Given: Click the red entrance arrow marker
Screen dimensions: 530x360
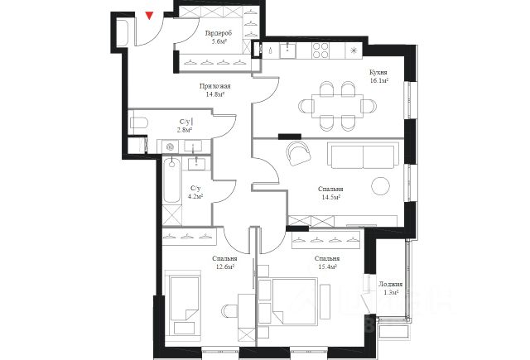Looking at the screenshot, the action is pyautogui.click(x=149, y=16).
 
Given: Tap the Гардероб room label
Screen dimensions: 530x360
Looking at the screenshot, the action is pyautogui.click(x=219, y=33).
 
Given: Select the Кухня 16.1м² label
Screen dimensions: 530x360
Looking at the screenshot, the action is pyautogui.click(x=378, y=76).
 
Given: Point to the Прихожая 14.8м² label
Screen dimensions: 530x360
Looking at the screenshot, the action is pyautogui.click(x=215, y=90).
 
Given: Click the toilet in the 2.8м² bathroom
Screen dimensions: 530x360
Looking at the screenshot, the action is pyautogui.click(x=138, y=122).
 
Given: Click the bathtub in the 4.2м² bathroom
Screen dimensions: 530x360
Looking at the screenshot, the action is pyautogui.click(x=171, y=180).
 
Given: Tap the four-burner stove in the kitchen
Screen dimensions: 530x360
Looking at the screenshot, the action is pyautogui.click(x=320, y=50).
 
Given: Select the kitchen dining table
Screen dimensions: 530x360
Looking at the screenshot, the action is pyautogui.click(x=338, y=106).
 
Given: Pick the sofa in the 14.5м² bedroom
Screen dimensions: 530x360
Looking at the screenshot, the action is pyautogui.click(x=363, y=156).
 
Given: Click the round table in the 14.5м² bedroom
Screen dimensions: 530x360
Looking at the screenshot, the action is pyautogui.click(x=380, y=185).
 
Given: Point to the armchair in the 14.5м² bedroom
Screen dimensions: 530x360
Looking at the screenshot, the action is pyautogui.click(x=298, y=153).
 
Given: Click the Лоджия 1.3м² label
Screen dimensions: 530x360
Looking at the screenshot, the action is pyautogui.click(x=390, y=288).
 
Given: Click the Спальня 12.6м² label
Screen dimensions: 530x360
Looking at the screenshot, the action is pyautogui.click(x=224, y=262).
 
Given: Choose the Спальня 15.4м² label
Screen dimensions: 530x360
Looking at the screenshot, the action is pyautogui.click(x=327, y=262).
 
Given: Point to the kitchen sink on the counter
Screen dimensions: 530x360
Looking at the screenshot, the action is pyautogui.click(x=287, y=50).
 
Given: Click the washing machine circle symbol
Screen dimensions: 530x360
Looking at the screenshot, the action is pyautogui.click(x=171, y=146).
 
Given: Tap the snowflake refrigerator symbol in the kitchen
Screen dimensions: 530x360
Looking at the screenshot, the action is pyautogui.click(x=354, y=50).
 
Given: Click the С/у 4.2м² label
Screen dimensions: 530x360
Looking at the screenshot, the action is pyautogui.click(x=195, y=192).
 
